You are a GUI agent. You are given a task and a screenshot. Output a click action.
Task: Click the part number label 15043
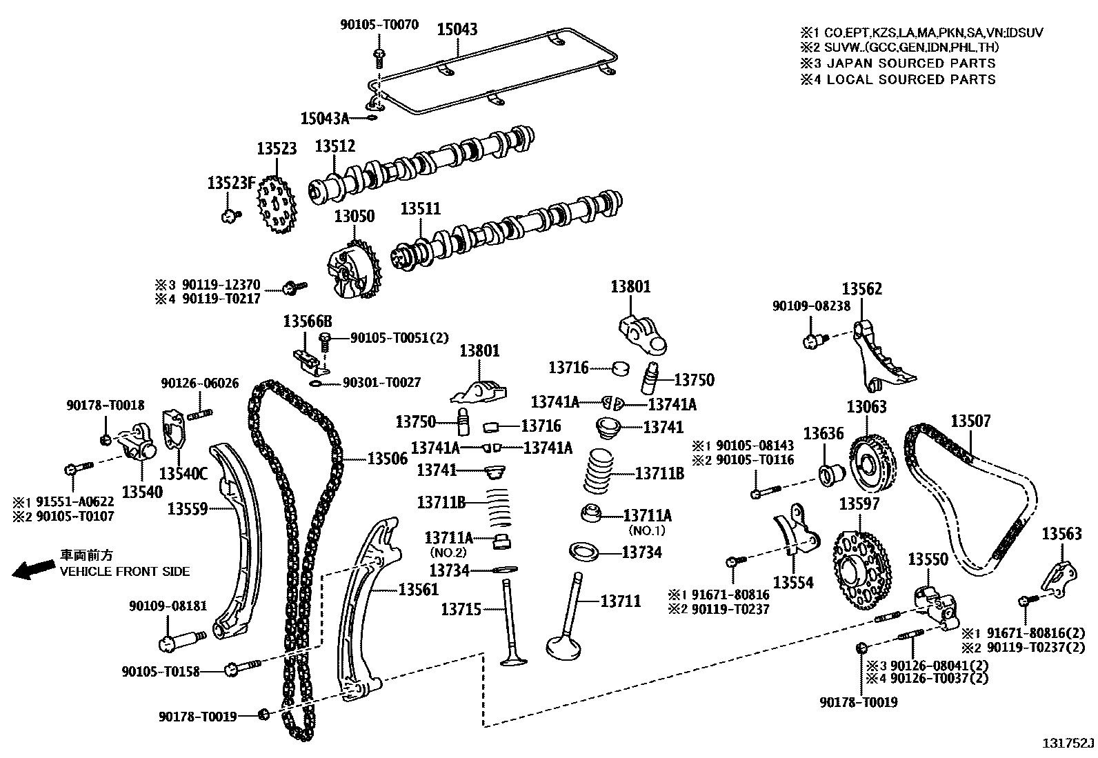pos(457,30)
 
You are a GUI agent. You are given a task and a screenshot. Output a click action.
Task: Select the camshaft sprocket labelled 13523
pos(277,204)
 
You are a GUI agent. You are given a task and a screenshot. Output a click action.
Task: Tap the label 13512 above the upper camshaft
pos(335,146)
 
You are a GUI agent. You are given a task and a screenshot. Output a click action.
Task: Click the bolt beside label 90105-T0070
pos(379,58)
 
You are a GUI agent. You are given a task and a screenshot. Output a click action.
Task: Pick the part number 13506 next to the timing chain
pos(387,459)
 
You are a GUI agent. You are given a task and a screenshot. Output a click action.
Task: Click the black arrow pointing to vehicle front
pos(33,569)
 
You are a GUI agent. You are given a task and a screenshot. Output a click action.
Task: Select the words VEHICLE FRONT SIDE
pos(125,571)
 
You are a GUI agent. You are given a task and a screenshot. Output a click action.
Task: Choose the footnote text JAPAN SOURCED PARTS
pos(911,63)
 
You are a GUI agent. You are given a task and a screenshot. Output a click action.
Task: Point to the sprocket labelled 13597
pos(862,570)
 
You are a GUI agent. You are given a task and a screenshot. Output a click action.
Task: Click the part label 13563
pos(1061,533)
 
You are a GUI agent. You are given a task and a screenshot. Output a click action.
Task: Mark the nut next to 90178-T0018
pos(106,440)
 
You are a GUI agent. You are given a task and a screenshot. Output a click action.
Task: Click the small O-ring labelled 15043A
pos(372,118)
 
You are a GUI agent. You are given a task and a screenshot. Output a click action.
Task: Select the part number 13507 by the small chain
pos(970,421)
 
